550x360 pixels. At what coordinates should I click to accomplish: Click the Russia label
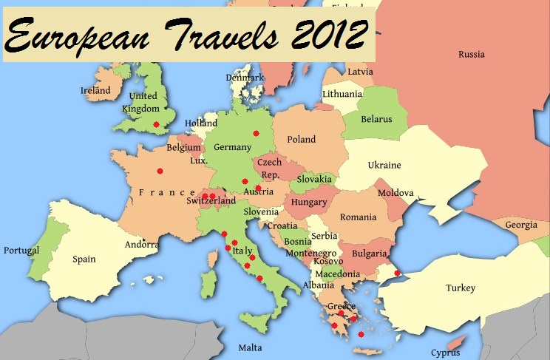point(471,54)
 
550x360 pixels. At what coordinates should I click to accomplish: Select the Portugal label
point(21,251)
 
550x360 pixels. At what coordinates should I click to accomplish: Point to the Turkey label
point(461,288)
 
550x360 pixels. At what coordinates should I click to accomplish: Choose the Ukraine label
point(384,165)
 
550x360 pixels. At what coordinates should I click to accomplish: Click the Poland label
point(301,139)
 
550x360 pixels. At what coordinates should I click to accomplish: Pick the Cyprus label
point(446,352)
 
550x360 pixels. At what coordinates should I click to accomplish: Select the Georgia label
point(521,225)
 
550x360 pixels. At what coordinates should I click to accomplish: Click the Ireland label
point(95,90)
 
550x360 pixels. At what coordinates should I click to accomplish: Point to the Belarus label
point(376,119)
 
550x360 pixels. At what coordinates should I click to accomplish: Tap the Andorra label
point(142,245)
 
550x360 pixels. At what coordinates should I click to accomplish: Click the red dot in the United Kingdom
point(156,124)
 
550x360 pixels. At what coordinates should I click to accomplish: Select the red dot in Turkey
point(398,273)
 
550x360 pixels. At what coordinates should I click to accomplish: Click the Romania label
point(358,217)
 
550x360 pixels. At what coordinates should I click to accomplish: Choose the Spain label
point(84,259)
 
